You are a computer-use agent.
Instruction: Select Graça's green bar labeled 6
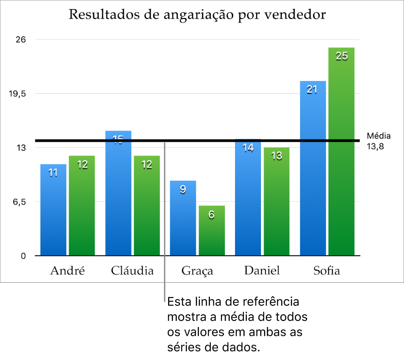(x=212, y=230)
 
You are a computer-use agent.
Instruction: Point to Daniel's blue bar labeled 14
(x=248, y=197)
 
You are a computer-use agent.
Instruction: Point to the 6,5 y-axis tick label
(x=19, y=202)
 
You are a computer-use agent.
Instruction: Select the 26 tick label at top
(x=21, y=40)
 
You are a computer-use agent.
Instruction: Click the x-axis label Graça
(x=197, y=271)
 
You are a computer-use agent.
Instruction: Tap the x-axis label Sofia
(x=327, y=270)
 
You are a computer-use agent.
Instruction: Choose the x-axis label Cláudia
(x=132, y=270)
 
